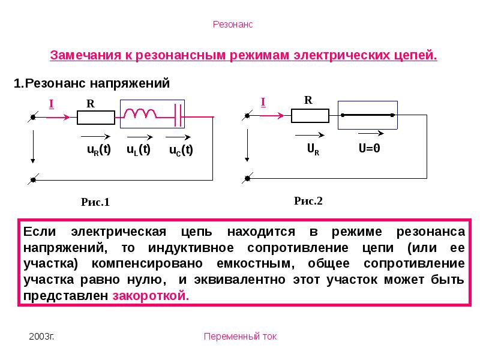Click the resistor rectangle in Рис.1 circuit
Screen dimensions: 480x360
(96, 118)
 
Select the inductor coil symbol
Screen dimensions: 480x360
(140, 113)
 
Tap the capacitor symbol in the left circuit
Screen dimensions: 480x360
(178, 115)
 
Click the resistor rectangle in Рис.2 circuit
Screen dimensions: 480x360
(310, 116)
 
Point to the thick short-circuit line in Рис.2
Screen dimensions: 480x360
(368, 115)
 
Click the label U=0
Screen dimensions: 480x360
(370, 148)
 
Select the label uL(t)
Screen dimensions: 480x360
(139, 149)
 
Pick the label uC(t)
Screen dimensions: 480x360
(181, 151)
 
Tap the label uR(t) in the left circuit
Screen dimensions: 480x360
(99, 149)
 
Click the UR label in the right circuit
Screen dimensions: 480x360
(313, 149)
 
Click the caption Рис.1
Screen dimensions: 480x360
(95, 202)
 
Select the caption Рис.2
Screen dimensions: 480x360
(308, 201)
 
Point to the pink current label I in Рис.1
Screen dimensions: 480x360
(52, 104)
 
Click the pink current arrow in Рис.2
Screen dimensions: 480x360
(272, 115)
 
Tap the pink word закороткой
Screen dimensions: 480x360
(151, 296)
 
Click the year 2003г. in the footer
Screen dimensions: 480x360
(41, 337)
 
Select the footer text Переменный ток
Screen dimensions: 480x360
(241, 337)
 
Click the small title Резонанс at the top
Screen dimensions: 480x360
(233, 25)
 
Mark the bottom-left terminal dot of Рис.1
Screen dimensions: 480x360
(34, 179)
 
